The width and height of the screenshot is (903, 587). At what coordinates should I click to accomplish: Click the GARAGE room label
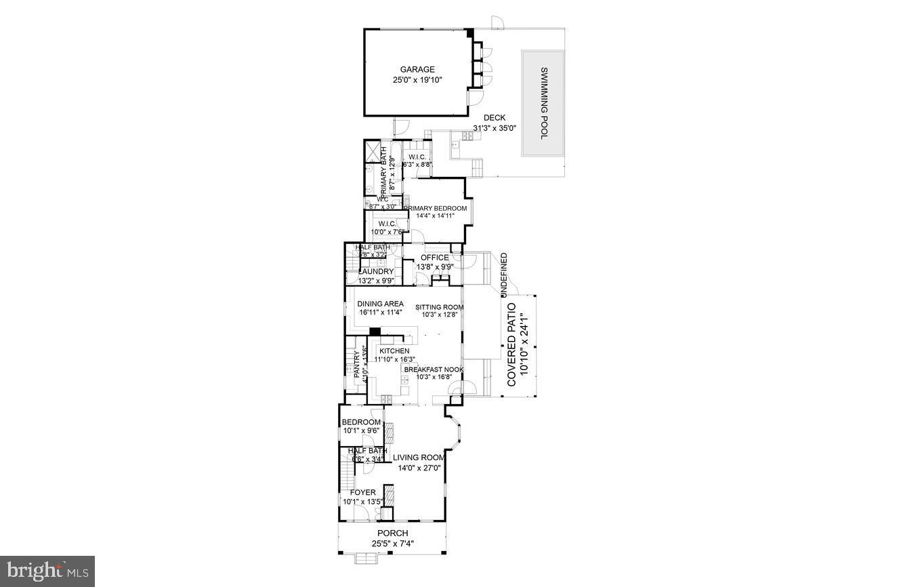coord(417,69)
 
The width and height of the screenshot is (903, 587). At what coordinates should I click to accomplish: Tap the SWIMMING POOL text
coord(543,104)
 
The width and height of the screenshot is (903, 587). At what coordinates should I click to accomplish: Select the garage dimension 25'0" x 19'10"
coord(417,80)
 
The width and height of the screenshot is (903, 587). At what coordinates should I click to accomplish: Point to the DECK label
coord(494,118)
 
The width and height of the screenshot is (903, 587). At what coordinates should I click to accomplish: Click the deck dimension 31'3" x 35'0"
coord(494,128)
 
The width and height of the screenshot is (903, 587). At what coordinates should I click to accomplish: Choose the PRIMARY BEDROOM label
coord(436,208)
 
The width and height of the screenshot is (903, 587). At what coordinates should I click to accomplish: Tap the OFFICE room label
coord(434,258)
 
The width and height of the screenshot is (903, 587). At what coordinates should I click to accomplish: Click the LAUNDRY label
coord(376,271)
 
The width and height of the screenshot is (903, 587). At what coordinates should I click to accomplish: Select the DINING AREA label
coord(380,304)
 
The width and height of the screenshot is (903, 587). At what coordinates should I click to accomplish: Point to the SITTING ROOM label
coord(439,307)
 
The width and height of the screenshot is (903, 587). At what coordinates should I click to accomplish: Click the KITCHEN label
coord(394,350)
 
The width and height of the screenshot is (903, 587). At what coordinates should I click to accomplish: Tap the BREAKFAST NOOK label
coord(434,369)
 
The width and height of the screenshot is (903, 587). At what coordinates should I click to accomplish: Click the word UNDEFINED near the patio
coord(503,274)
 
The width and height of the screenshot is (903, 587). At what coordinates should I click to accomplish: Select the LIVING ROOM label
coord(419,458)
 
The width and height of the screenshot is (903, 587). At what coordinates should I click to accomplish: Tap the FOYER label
coord(362,493)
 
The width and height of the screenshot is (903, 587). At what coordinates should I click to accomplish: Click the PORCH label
coord(392,533)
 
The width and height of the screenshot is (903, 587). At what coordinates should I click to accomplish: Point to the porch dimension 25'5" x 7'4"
coord(392,544)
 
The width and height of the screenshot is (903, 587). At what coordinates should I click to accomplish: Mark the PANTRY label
coord(356,363)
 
